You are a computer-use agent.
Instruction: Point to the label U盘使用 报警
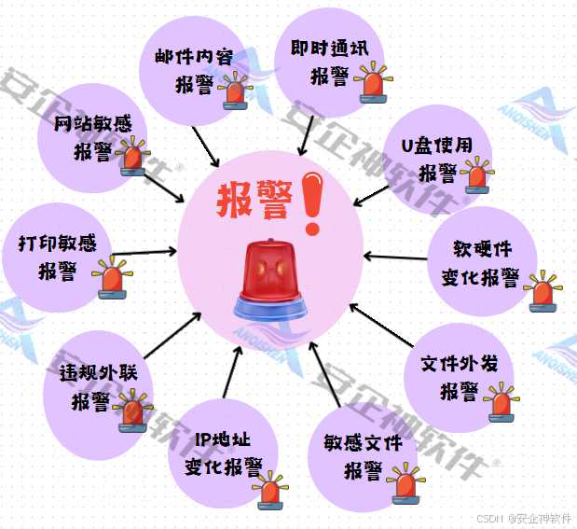tap(437, 159)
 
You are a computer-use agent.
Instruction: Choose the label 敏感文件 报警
tap(364, 454)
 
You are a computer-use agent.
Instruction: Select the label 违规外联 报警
tap(92, 386)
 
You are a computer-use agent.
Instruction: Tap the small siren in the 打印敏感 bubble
tap(114, 279)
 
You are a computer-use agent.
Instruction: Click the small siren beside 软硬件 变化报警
tap(541, 292)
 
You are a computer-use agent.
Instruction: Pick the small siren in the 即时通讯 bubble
tap(373, 82)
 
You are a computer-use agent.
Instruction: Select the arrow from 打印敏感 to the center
tap(144, 251)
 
